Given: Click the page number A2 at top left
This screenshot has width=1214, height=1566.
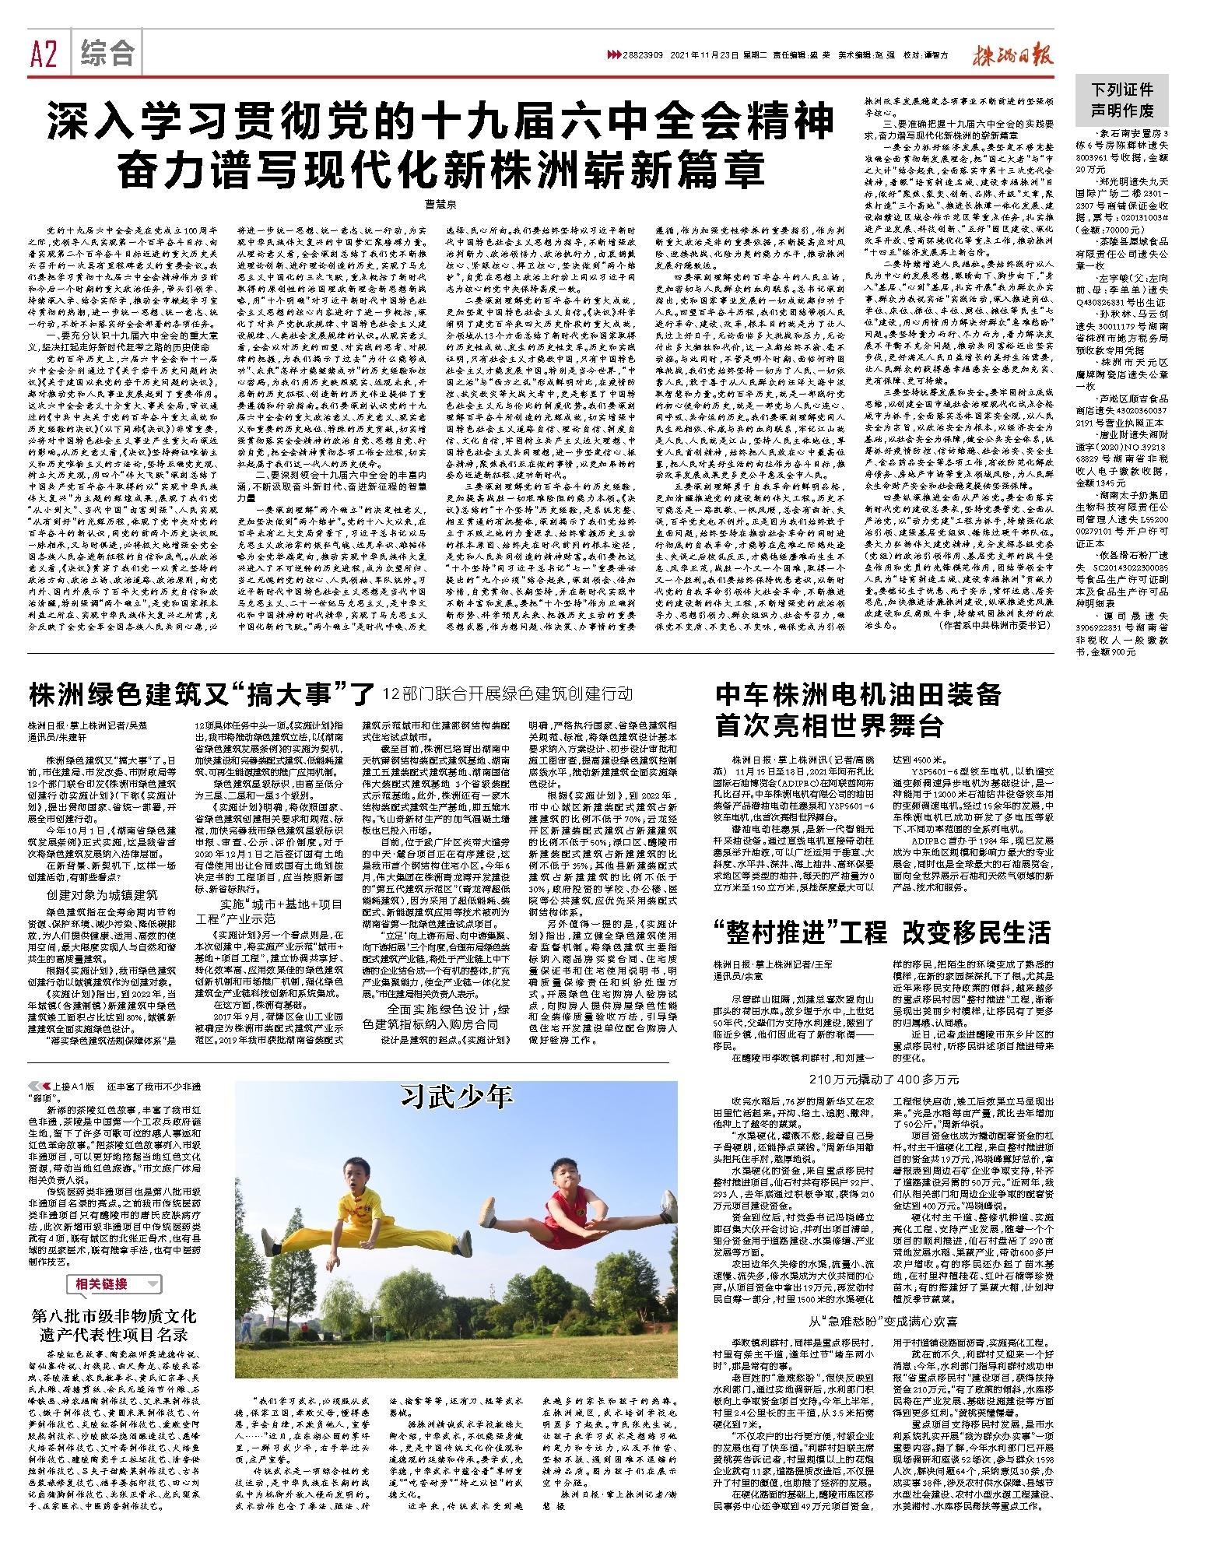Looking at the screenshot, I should tap(44, 54).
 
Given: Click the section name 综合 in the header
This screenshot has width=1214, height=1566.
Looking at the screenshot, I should tap(108, 54).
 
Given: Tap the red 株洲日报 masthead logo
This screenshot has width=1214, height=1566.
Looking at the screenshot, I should tap(1011, 56).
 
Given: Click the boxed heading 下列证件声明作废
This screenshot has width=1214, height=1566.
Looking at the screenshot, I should tap(1121, 100).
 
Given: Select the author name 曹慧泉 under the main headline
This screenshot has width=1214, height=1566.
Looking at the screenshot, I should tap(440, 204).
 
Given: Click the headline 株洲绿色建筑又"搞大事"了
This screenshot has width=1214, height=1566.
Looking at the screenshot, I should tap(202, 693).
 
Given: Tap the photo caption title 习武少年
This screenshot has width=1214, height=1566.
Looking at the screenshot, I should tap(456, 1097).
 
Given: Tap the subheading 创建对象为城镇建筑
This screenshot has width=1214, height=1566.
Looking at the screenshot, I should tap(101, 895).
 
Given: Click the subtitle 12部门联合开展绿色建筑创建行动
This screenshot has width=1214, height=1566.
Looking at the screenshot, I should tap(507, 693).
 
